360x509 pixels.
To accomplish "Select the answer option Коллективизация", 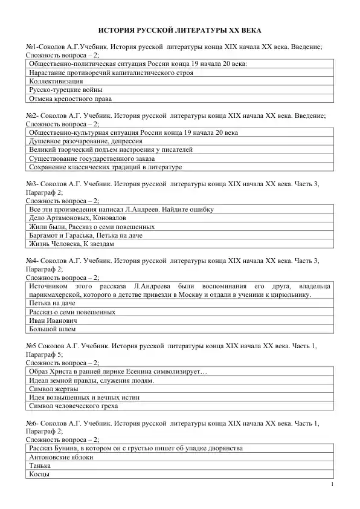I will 56,80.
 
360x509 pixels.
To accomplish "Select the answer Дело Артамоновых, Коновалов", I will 77,218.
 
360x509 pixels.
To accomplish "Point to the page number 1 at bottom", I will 333,485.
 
